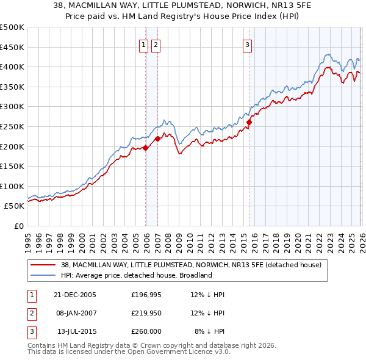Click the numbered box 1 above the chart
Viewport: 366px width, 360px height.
(x=143, y=45)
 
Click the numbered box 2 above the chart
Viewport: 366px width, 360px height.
(x=156, y=45)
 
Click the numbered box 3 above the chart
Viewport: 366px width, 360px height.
(x=248, y=45)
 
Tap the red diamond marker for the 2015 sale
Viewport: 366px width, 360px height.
(x=249, y=123)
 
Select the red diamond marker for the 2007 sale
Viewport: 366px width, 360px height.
(x=157, y=139)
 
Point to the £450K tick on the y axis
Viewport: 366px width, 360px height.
(x=12, y=47)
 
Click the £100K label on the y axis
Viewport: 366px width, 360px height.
(x=12, y=186)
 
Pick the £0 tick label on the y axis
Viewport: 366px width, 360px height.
(x=18, y=226)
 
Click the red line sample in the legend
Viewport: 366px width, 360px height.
(x=43, y=265)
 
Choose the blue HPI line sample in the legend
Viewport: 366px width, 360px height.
(x=43, y=275)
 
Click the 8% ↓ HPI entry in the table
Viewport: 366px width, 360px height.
(x=209, y=331)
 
